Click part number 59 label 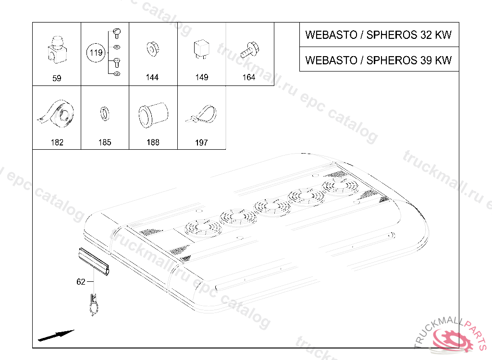[57, 78]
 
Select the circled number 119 [97, 53]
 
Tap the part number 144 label [152, 77]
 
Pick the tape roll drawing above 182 [56, 114]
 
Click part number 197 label [201, 143]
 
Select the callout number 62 [81, 282]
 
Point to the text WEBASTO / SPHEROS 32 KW [379, 35]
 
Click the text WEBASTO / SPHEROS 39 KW [379, 60]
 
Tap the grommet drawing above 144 [152, 49]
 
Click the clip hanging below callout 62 [94, 305]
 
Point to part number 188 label [153, 143]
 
